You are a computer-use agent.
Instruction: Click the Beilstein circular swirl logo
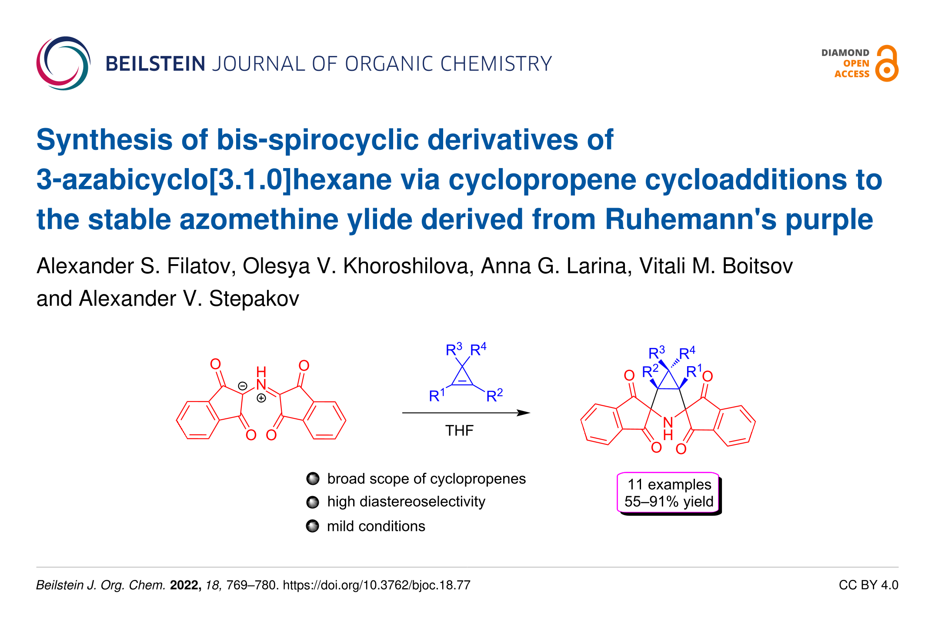click(x=63, y=63)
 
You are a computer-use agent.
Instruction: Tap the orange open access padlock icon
click(x=887, y=64)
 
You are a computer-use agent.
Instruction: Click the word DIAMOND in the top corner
click(x=845, y=53)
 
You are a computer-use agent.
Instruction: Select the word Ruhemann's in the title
click(x=690, y=219)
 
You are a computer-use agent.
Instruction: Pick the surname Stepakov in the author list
click(x=254, y=298)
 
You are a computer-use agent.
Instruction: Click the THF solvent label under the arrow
click(x=459, y=431)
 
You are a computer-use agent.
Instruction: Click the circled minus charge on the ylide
click(x=243, y=386)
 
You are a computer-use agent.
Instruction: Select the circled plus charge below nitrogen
click(x=261, y=398)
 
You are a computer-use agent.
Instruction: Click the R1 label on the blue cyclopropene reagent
click(x=437, y=395)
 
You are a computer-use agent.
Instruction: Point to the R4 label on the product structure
click(x=687, y=353)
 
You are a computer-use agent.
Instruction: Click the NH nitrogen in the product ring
click(x=668, y=422)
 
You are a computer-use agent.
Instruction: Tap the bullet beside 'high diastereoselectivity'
click(x=313, y=502)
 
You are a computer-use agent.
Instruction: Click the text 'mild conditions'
click(x=376, y=526)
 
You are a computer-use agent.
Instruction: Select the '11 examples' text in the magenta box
click(x=669, y=484)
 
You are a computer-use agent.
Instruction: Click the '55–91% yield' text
click(x=669, y=502)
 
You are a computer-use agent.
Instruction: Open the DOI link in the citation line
click(x=377, y=585)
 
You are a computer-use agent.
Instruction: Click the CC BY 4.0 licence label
click(x=868, y=585)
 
